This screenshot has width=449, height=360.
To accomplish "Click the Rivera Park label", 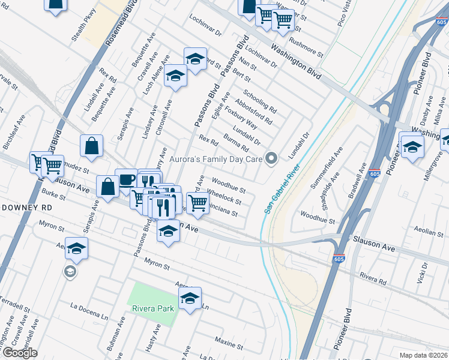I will click(153, 309).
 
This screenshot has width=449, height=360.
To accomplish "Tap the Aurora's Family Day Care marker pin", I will click(271, 158).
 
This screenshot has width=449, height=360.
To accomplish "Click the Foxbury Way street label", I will click(241, 117).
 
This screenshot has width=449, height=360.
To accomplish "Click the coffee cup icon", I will click(126, 179).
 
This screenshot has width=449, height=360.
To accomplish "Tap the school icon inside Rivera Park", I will click(190, 298).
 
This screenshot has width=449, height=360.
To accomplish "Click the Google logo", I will click(20, 353).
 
